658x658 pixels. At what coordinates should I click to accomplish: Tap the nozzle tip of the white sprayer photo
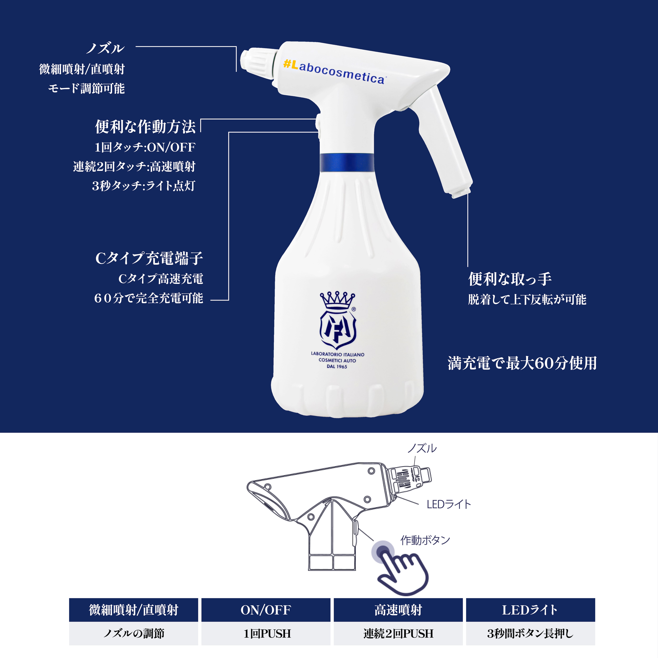(x=246, y=60)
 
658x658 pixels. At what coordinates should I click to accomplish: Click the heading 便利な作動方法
(x=145, y=127)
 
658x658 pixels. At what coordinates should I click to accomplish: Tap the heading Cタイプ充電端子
(x=149, y=258)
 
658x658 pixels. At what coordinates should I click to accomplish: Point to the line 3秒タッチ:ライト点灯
(x=143, y=186)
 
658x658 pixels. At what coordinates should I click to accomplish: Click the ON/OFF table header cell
(x=266, y=610)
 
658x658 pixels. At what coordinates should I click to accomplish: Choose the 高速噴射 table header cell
(x=398, y=610)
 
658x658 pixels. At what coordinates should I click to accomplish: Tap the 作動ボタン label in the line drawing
(x=425, y=540)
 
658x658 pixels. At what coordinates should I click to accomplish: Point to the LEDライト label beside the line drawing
(x=448, y=504)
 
